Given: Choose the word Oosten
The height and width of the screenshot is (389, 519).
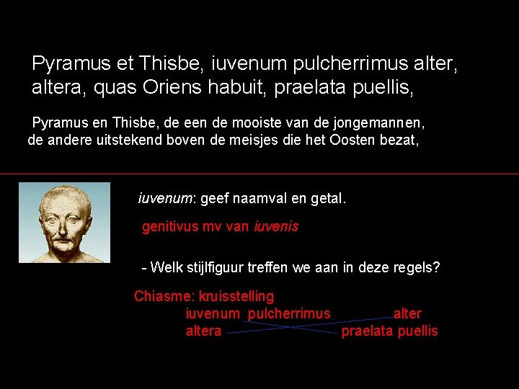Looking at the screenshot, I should (356, 140).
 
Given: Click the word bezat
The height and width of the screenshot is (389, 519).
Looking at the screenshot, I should (402, 140).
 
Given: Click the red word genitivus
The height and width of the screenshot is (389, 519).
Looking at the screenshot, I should (171, 227).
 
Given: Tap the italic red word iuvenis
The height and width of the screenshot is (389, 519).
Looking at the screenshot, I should (275, 227).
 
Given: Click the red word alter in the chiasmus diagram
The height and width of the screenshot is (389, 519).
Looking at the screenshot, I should (407, 314).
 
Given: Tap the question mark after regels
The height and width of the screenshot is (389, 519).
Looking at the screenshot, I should (436, 268).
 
